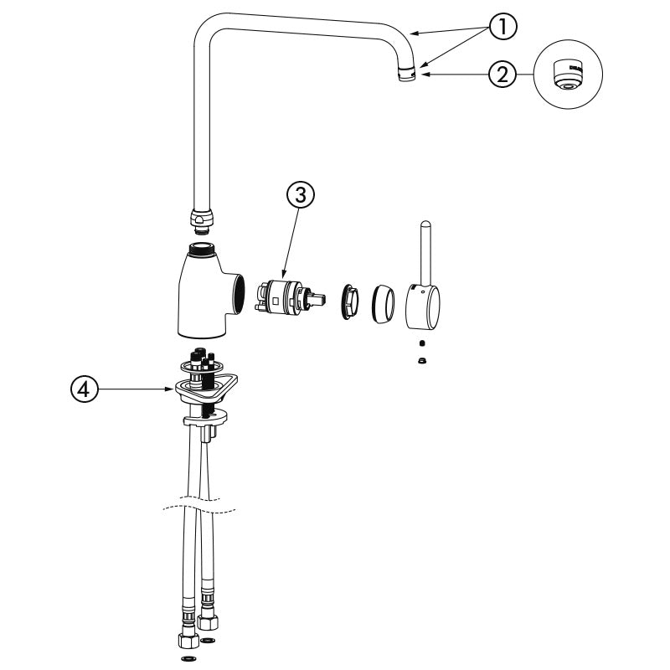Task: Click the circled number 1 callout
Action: pos(503,27)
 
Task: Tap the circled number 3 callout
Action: pos(301,195)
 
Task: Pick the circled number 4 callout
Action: pos(85,389)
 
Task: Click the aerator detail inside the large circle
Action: pos(569,75)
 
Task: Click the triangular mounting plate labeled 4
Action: pos(206,387)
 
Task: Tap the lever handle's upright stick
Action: pos(425,252)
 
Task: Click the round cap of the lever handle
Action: pos(423,307)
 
